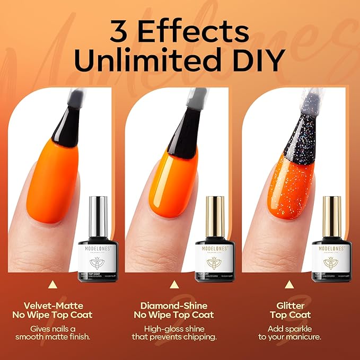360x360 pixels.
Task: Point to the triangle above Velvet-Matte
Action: point(53,285)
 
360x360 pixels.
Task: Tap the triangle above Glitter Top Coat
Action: point(289,285)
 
